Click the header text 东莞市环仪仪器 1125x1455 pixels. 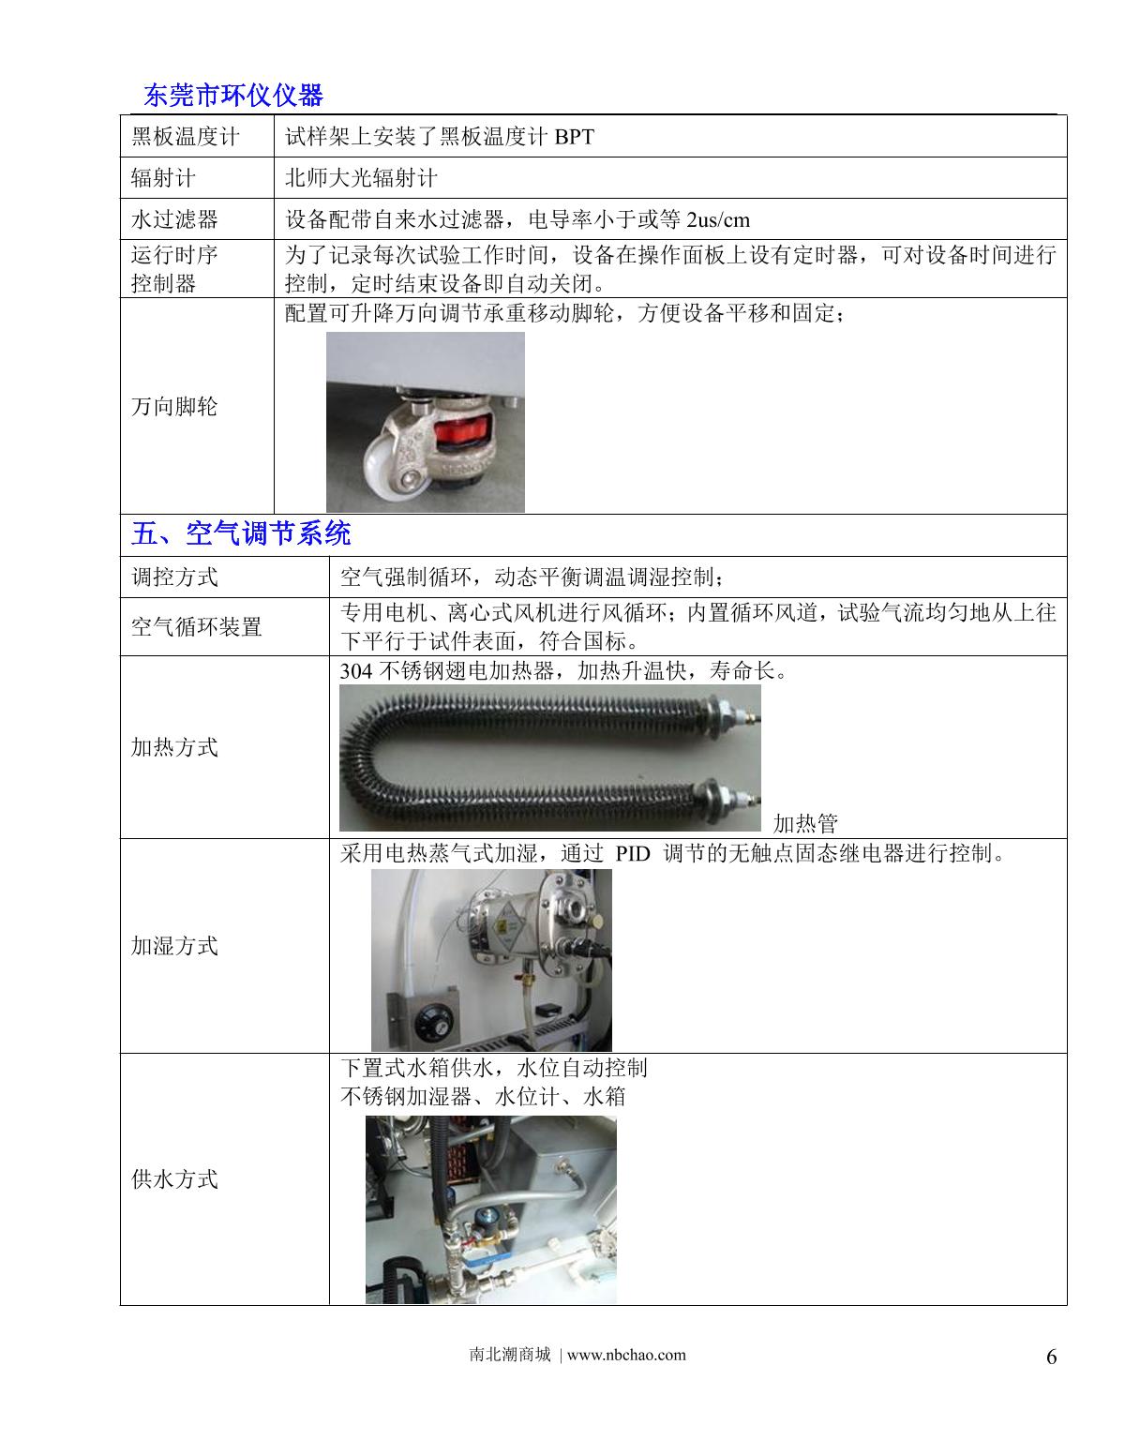tap(233, 96)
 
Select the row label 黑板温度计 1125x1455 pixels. tap(185, 137)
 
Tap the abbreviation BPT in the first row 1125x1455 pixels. tap(574, 137)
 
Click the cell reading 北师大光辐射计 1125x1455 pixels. tap(361, 178)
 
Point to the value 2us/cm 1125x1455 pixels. tap(718, 220)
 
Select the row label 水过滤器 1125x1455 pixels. tap(174, 220)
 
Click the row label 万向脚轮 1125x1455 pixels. tap(174, 407)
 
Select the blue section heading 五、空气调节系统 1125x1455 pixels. tap(241, 534)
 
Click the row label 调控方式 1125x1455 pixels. tap(174, 577)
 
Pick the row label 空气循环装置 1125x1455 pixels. tap(196, 626)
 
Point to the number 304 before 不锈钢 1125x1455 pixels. tap(356, 671)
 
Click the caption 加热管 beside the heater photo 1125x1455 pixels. tap(805, 824)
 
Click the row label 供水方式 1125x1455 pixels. tap(174, 1178)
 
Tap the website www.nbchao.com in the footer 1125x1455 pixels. tap(626, 1355)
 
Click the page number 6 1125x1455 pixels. tap(1051, 1357)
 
